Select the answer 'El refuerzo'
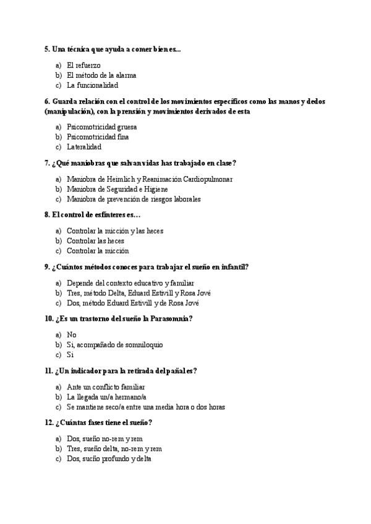coord(83,65)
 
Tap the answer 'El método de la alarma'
coord(101,75)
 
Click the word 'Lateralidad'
coord(84,147)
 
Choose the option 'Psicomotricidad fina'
coord(98,137)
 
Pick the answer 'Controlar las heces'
coord(95,241)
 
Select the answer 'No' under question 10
coord(72,334)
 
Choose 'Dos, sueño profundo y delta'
coord(109,459)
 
